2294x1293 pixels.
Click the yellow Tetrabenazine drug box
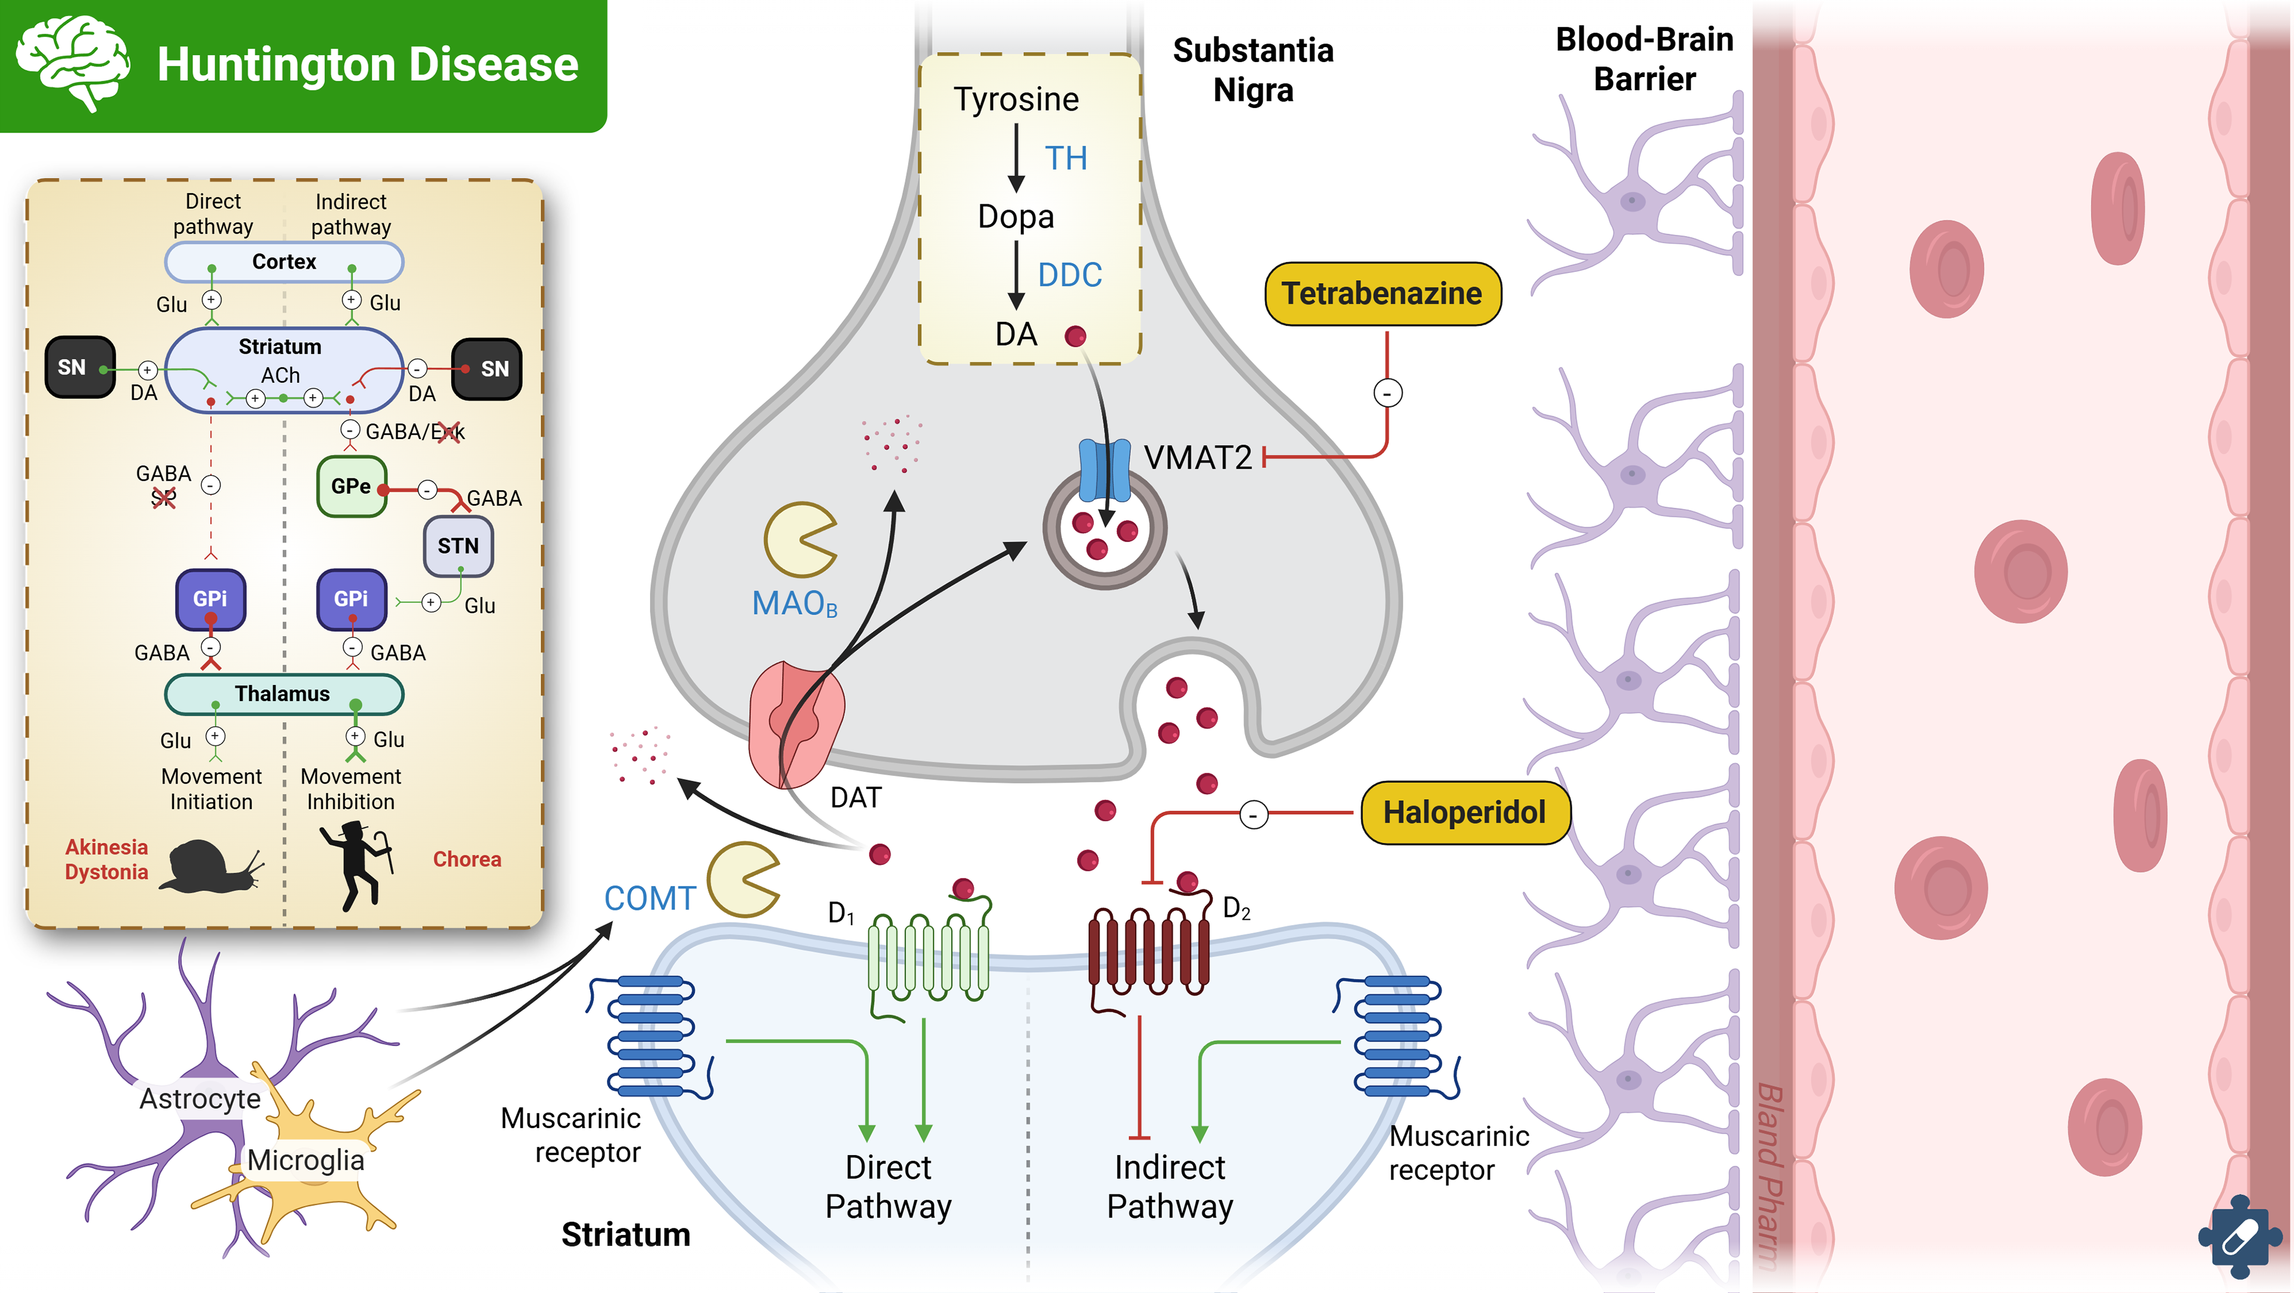(x=1382, y=294)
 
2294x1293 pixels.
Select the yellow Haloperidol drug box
(x=1465, y=812)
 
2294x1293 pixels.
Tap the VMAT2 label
(x=1198, y=457)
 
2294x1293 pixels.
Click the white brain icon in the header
(x=73, y=62)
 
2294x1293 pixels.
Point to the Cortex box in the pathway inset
(x=284, y=262)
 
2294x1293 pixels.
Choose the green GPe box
(x=352, y=486)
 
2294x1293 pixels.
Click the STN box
(x=458, y=546)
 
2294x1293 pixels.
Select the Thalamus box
(x=283, y=694)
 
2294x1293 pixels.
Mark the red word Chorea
(x=467, y=859)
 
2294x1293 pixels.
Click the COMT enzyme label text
(x=649, y=898)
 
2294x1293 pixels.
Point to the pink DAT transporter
(x=795, y=723)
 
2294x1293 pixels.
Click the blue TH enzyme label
(x=1065, y=158)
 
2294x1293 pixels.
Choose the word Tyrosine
(x=1016, y=100)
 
